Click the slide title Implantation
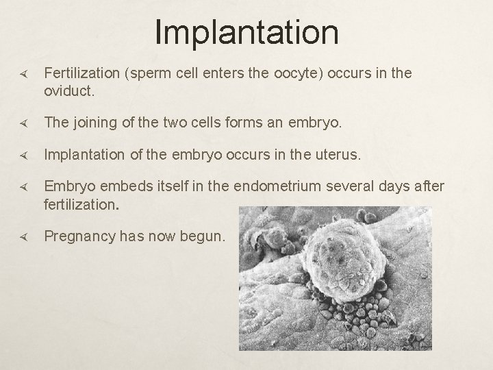pyautogui.click(x=246, y=32)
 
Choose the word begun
pyautogui.click(x=201, y=236)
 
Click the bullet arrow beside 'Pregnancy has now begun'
pyautogui.click(x=23, y=237)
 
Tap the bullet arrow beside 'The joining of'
pyautogui.click(x=23, y=123)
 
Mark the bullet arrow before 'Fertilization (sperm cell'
pyautogui.click(x=23, y=74)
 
